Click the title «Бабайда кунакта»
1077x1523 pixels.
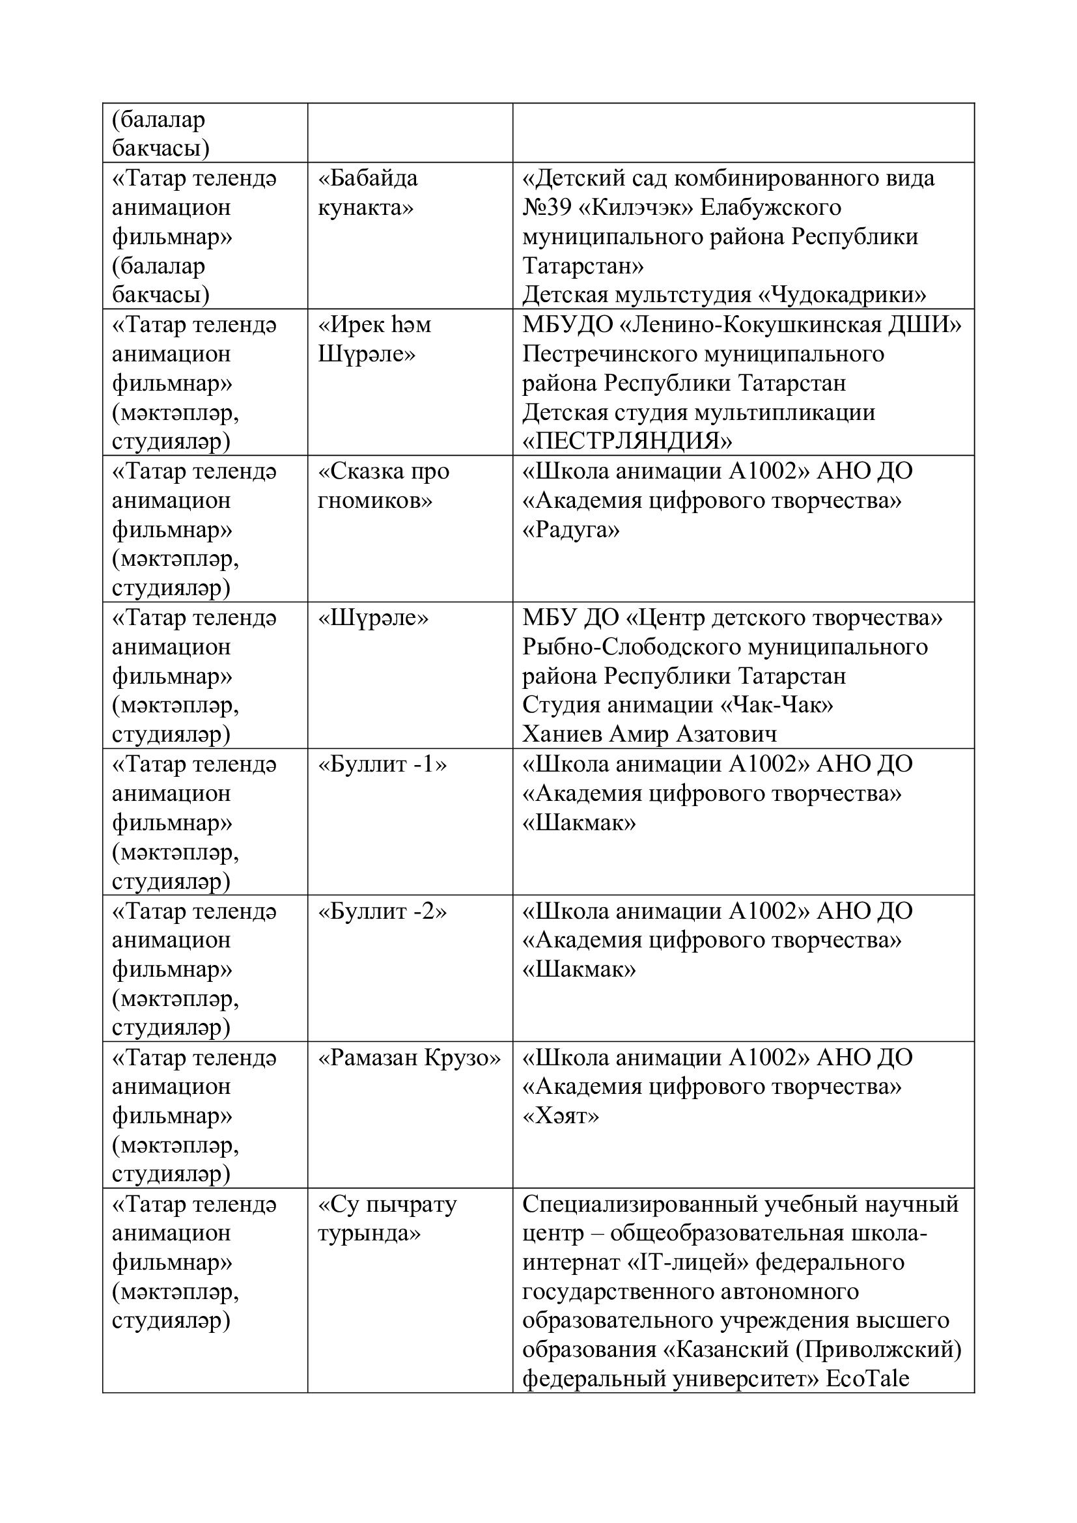tap(368, 193)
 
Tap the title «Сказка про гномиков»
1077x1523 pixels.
tap(384, 486)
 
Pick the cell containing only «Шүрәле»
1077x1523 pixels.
tap(373, 617)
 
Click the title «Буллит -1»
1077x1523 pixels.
tap(383, 764)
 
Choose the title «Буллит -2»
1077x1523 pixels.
tap(383, 912)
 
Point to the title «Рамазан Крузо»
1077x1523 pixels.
tap(409, 1057)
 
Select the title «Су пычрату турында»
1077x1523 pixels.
tap(387, 1218)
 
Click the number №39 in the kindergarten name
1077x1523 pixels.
tap(544, 208)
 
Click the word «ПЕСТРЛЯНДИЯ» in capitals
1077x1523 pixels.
tap(627, 441)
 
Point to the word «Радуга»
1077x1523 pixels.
tap(571, 529)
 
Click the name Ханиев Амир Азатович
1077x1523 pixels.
tap(649, 734)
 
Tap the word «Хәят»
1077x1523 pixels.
tap(561, 1117)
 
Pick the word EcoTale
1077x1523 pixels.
tap(867, 1379)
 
